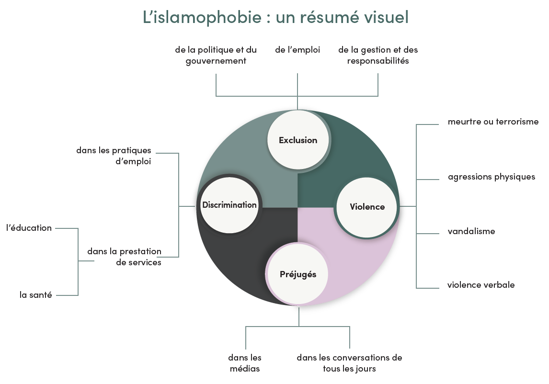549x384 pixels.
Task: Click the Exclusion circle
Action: click(298, 140)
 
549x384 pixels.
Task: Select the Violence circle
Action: click(367, 207)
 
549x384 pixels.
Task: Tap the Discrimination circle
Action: click(229, 205)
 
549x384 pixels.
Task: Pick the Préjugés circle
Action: click(298, 274)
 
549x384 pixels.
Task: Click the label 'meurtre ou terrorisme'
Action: click(493, 122)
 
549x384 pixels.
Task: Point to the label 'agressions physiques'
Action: click(492, 177)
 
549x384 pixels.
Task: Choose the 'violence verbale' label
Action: click(481, 285)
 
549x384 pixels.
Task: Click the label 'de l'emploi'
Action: click(297, 50)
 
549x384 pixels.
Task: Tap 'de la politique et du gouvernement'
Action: click(216, 56)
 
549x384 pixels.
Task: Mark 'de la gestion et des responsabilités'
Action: click(378, 56)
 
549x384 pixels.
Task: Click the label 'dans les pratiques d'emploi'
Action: click(114, 156)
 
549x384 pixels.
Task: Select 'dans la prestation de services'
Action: click(125, 257)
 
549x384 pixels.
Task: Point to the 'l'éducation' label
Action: click(29, 228)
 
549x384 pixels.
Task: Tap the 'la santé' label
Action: click(36, 295)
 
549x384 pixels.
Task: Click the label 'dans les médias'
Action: click(245, 363)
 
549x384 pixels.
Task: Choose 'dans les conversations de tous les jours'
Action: click(349, 363)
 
